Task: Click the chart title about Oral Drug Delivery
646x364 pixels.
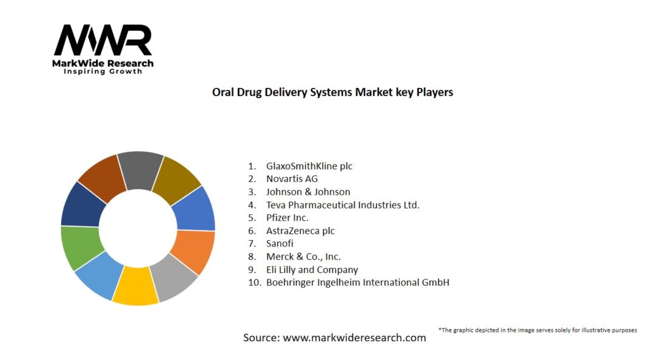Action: pos(332,92)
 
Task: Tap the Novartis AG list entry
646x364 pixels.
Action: pos(291,179)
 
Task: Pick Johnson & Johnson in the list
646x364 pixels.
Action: pos(308,191)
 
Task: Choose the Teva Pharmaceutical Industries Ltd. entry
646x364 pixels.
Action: pos(343,205)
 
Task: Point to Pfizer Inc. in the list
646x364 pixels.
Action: pos(287,217)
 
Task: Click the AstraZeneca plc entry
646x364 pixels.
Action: pos(300,231)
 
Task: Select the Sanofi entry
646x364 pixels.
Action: pos(279,243)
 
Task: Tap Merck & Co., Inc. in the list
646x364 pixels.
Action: pos(303,257)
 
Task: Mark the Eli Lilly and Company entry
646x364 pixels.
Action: pos(312,269)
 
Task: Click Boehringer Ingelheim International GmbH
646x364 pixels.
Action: pos(357,282)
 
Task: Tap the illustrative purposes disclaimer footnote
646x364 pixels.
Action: pos(537,330)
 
